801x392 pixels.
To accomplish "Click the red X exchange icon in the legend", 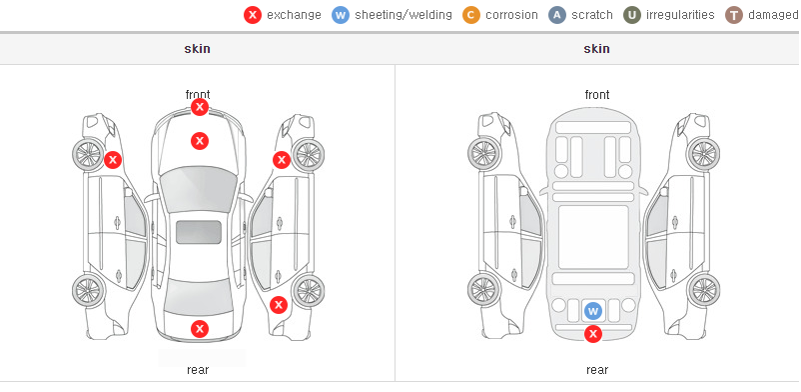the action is click(253, 15).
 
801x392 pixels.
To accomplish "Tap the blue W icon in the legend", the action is click(341, 15).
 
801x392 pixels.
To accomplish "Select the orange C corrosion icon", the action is click(471, 15).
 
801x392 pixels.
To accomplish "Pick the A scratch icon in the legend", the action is click(557, 15).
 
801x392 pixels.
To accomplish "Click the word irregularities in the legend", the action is click(680, 15).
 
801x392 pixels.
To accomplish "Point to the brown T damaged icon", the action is click(733, 15).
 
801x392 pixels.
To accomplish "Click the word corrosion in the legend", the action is click(511, 15).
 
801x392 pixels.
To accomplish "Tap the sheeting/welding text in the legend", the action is click(403, 15).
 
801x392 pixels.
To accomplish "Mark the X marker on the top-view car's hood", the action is click(200, 141).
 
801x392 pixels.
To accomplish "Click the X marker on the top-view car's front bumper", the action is click(200, 107).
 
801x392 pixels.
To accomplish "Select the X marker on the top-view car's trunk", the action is click(200, 329).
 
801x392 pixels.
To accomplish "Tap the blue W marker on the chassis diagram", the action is click(592, 311).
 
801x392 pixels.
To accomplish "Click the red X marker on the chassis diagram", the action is click(592, 334).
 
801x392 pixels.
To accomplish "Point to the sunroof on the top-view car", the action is click(199, 232).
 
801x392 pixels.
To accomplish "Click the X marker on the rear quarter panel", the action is click(279, 306).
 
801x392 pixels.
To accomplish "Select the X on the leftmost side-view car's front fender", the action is click(113, 160).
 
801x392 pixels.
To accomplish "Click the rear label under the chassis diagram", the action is click(597, 370).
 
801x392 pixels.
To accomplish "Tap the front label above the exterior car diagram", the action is click(198, 95).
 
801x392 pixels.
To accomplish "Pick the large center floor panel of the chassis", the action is click(593, 237).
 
